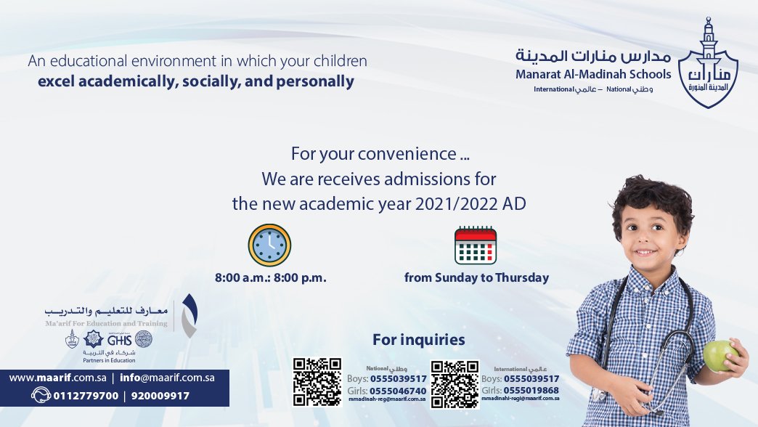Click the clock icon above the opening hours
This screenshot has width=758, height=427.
(x=269, y=245)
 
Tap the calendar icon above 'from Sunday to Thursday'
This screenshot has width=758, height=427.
(x=476, y=245)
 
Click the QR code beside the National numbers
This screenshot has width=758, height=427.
(x=317, y=382)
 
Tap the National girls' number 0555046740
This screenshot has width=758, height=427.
(x=398, y=391)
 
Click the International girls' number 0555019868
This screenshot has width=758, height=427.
(x=531, y=390)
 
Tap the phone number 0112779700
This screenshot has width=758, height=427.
(x=86, y=396)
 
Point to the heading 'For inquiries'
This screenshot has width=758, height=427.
(x=418, y=340)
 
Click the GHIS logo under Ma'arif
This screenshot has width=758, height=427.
(x=118, y=338)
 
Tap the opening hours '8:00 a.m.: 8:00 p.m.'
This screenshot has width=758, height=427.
(x=270, y=277)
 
